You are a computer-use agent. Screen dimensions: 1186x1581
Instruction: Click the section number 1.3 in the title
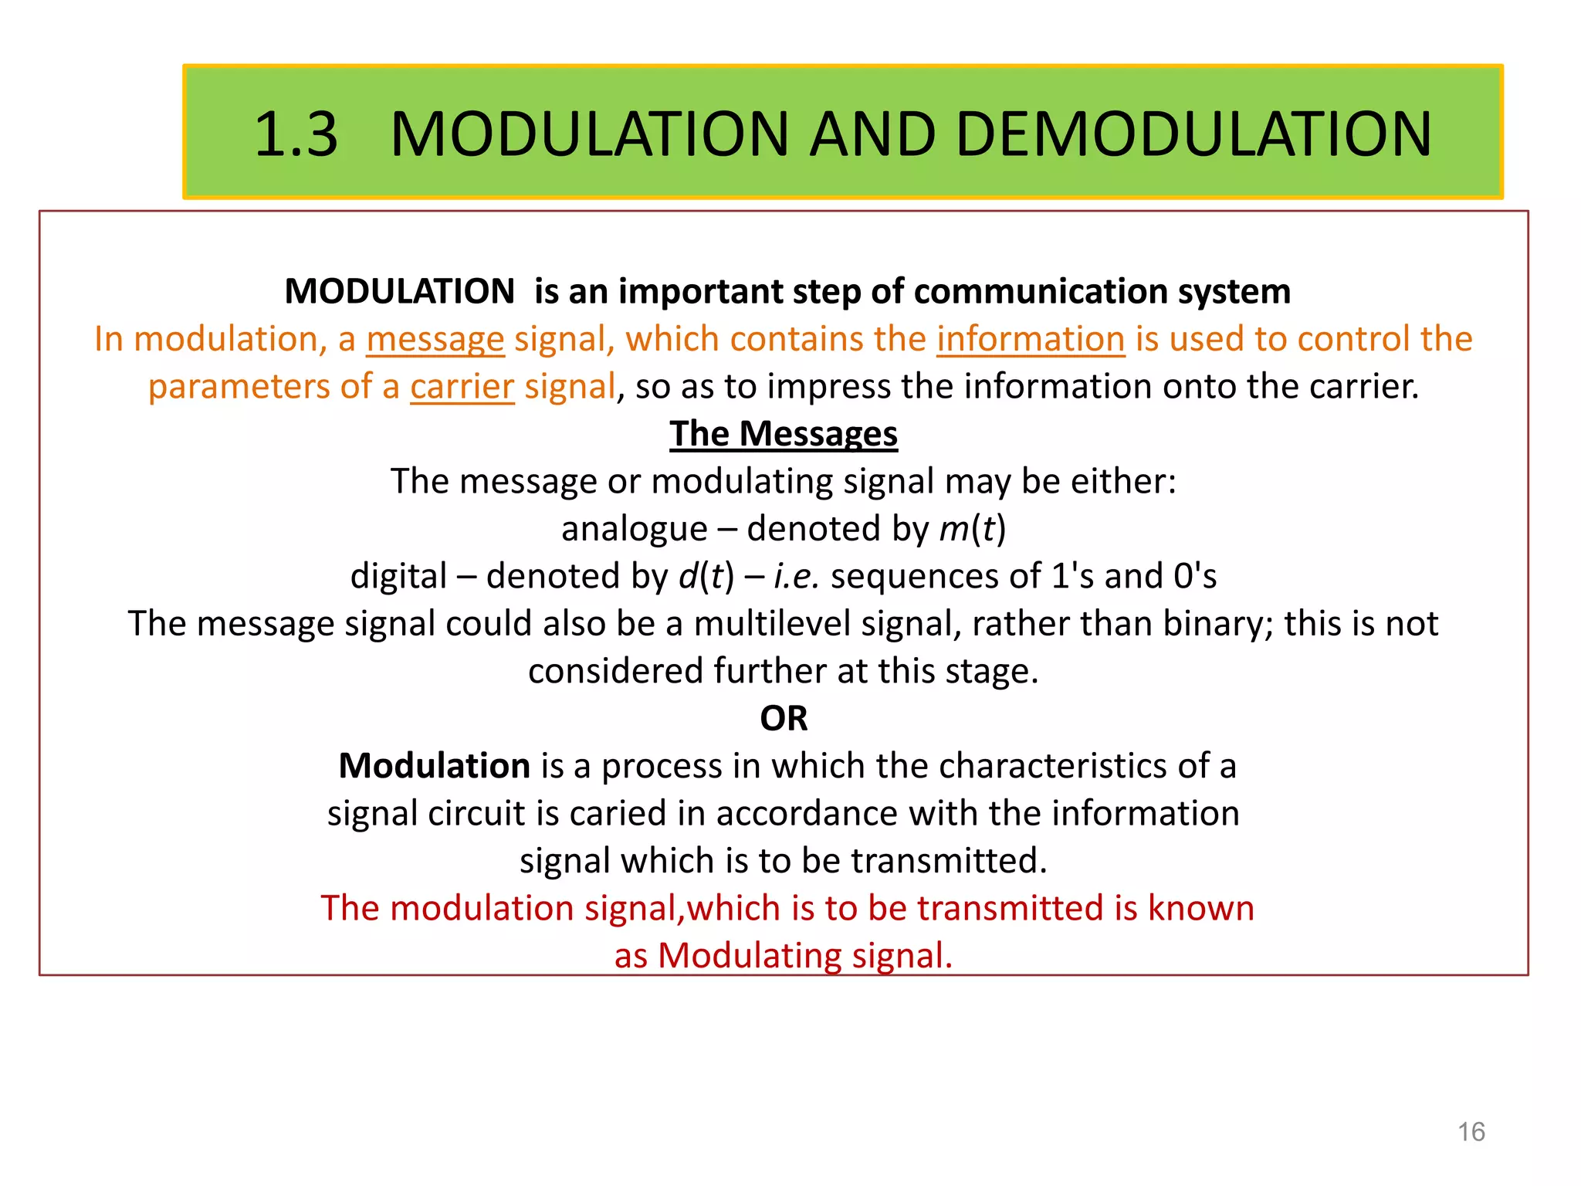click(296, 134)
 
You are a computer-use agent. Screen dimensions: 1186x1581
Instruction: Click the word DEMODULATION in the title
click(1193, 134)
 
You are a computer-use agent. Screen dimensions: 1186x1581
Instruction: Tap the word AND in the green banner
click(874, 134)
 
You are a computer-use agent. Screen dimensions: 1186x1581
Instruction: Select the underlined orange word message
click(435, 339)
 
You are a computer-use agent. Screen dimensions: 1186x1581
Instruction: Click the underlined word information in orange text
click(1031, 339)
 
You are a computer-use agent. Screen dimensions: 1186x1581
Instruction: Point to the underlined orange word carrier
click(462, 386)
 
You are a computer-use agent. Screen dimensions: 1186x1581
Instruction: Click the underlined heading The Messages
click(784, 434)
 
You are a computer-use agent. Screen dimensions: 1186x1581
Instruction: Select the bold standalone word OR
click(784, 719)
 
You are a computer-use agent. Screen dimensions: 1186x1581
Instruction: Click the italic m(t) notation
click(972, 529)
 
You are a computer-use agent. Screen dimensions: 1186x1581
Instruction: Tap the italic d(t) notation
click(706, 576)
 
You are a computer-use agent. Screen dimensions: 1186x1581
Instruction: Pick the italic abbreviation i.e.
click(796, 576)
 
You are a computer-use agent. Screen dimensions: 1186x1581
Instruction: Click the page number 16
click(1471, 1132)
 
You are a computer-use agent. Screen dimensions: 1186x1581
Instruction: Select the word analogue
click(634, 529)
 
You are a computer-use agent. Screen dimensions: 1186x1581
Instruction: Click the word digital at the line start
click(398, 576)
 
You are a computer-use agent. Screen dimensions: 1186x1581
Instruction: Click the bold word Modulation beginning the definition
click(434, 766)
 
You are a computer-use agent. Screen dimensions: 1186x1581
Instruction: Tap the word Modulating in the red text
click(750, 956)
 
